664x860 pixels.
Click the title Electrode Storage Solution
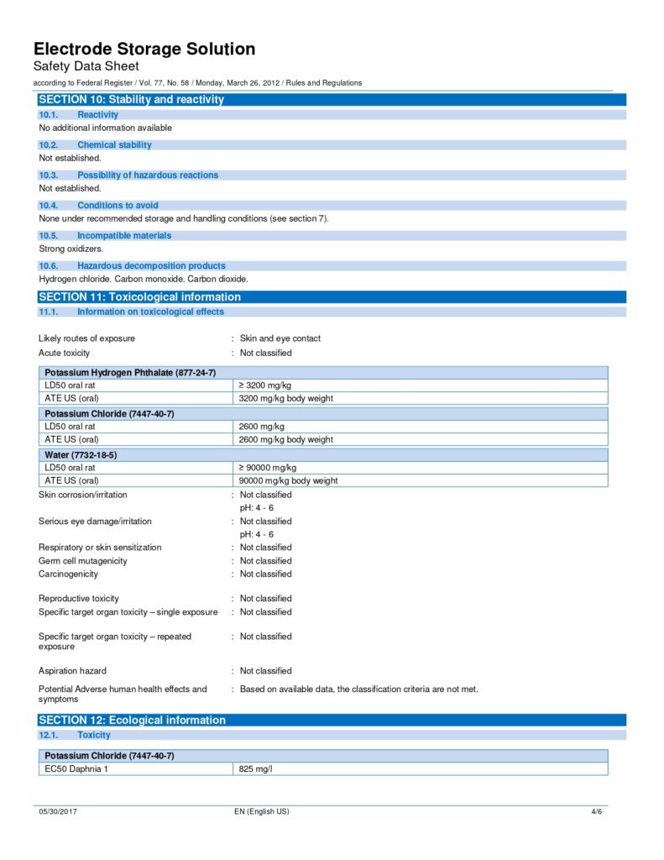click(144, 49)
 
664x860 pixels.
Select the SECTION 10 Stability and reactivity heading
click(132, 99)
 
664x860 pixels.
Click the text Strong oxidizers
click(71, 249)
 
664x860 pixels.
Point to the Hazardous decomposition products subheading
click(151, 265)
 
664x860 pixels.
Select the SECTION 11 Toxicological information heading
click(140, 296)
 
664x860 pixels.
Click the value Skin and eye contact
click(280, 338)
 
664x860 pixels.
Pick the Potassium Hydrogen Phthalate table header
click(130, 372)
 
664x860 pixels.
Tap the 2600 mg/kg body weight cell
click(286, 439)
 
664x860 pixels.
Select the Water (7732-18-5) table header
click(81, 454)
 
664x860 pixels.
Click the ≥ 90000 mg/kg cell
click(268, 467)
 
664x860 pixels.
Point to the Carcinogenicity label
click(68, 574)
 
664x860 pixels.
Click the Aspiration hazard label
click(72, 671)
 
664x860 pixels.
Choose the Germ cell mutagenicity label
click(83, 561)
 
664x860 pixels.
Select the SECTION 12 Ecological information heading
click(133, 720)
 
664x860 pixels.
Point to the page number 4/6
click(596, 812)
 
